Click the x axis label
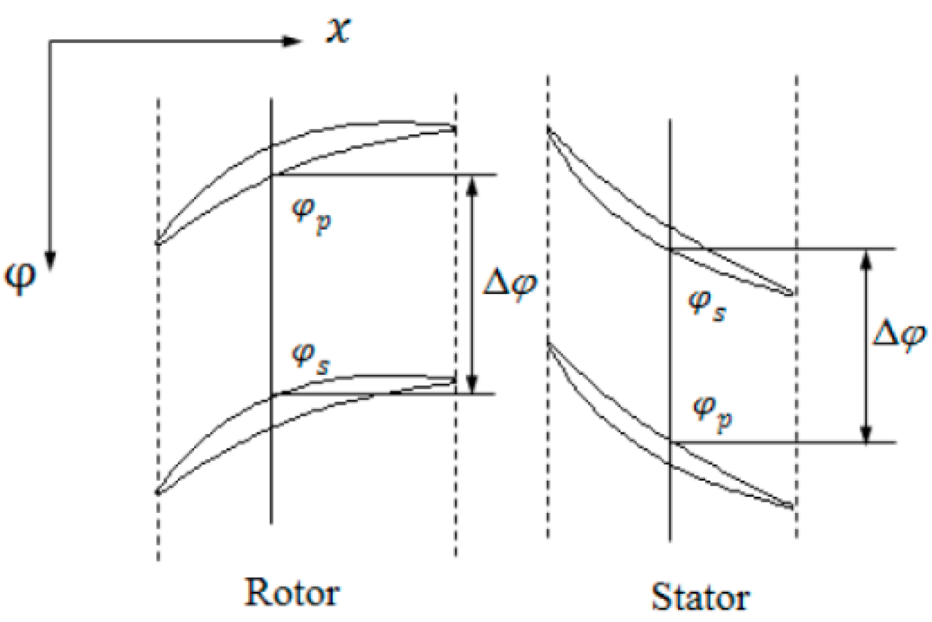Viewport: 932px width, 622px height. coord(338,30)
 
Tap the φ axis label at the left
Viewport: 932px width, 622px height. coord(21,277)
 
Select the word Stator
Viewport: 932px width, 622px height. coord(700,597)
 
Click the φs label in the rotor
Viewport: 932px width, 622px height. coord(311,358)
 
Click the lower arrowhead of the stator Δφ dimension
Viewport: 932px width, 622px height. coord(866,434)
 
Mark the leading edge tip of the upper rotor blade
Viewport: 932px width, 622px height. coord(157,243)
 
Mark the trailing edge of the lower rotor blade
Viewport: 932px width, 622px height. coord(454,380)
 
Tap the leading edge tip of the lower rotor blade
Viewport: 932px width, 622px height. coord(157,492)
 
